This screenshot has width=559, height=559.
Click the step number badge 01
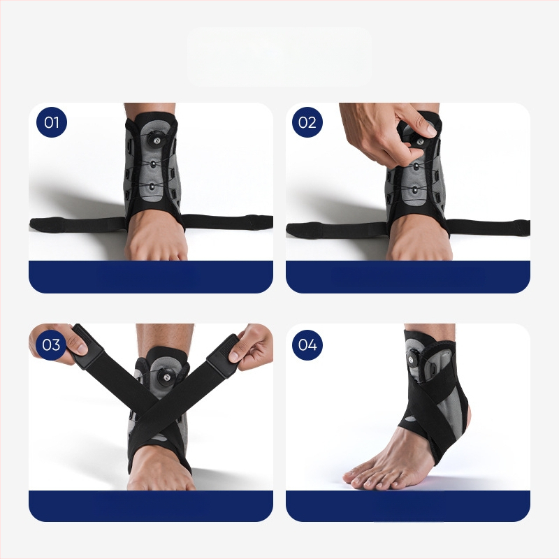52,122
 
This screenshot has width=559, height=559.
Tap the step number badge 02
307,122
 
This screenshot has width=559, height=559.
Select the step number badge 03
51,344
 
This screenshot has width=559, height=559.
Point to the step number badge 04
307,344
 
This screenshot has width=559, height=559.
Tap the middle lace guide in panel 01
153,164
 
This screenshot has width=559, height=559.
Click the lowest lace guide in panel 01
152,187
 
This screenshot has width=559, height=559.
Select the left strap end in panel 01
39,224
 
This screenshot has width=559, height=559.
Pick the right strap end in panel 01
262,222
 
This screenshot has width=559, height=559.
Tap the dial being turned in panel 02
419,141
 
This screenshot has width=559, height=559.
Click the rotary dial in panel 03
168,377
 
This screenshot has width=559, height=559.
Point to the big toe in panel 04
351,477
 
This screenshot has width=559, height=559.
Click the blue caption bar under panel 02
408,277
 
